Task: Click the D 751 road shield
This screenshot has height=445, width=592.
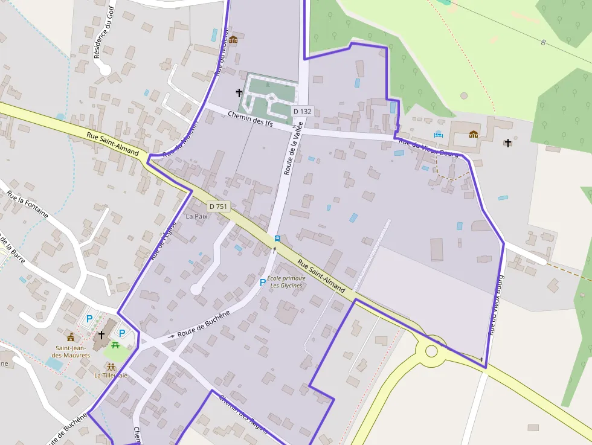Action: tap(219, 206)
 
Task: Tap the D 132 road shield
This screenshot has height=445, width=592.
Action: tap(302, 112)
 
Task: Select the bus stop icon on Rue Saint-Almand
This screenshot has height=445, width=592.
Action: tap(277, 238)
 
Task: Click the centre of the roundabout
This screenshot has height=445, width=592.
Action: tap(431, 351)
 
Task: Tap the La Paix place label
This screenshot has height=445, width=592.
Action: tap(197, 216)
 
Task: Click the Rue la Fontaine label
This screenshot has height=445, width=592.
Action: tap(28, 204)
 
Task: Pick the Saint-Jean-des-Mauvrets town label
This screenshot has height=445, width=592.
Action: tap(72, 351)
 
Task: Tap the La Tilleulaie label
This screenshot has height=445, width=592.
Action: tap(111, 375)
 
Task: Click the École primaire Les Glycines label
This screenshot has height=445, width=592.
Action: tap(286, 282)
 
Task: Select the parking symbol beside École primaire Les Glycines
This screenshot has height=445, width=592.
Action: tap(263, 282)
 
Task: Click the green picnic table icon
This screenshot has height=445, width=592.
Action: tap(115, 345)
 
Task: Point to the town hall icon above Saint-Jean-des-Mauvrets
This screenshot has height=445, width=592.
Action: tap(71, 337)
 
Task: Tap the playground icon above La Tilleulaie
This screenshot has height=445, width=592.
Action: tap(111, 367)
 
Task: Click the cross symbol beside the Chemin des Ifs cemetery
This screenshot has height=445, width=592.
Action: tap(239, 93)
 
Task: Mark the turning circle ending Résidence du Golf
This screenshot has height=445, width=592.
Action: tap(105, 69)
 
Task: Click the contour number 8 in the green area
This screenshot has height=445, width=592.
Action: tap(544, 42)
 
